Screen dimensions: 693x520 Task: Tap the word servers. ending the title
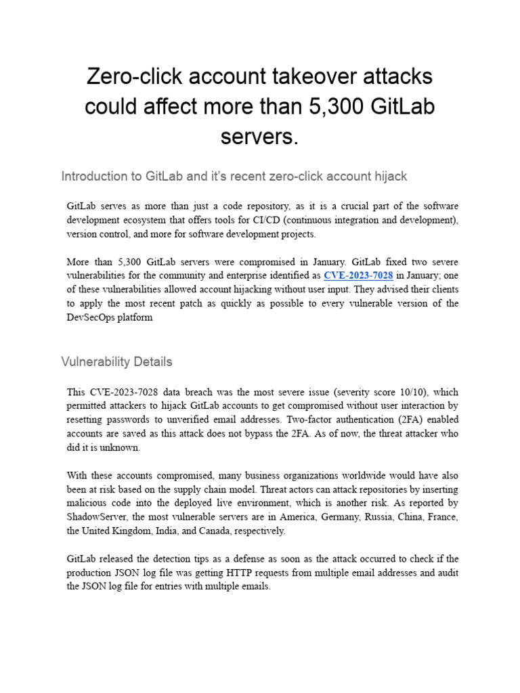259,137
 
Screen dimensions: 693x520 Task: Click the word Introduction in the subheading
101,177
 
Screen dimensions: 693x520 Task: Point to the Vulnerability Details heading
116,361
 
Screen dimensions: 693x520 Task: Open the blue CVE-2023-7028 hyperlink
358,275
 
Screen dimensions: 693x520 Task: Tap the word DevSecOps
91,317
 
